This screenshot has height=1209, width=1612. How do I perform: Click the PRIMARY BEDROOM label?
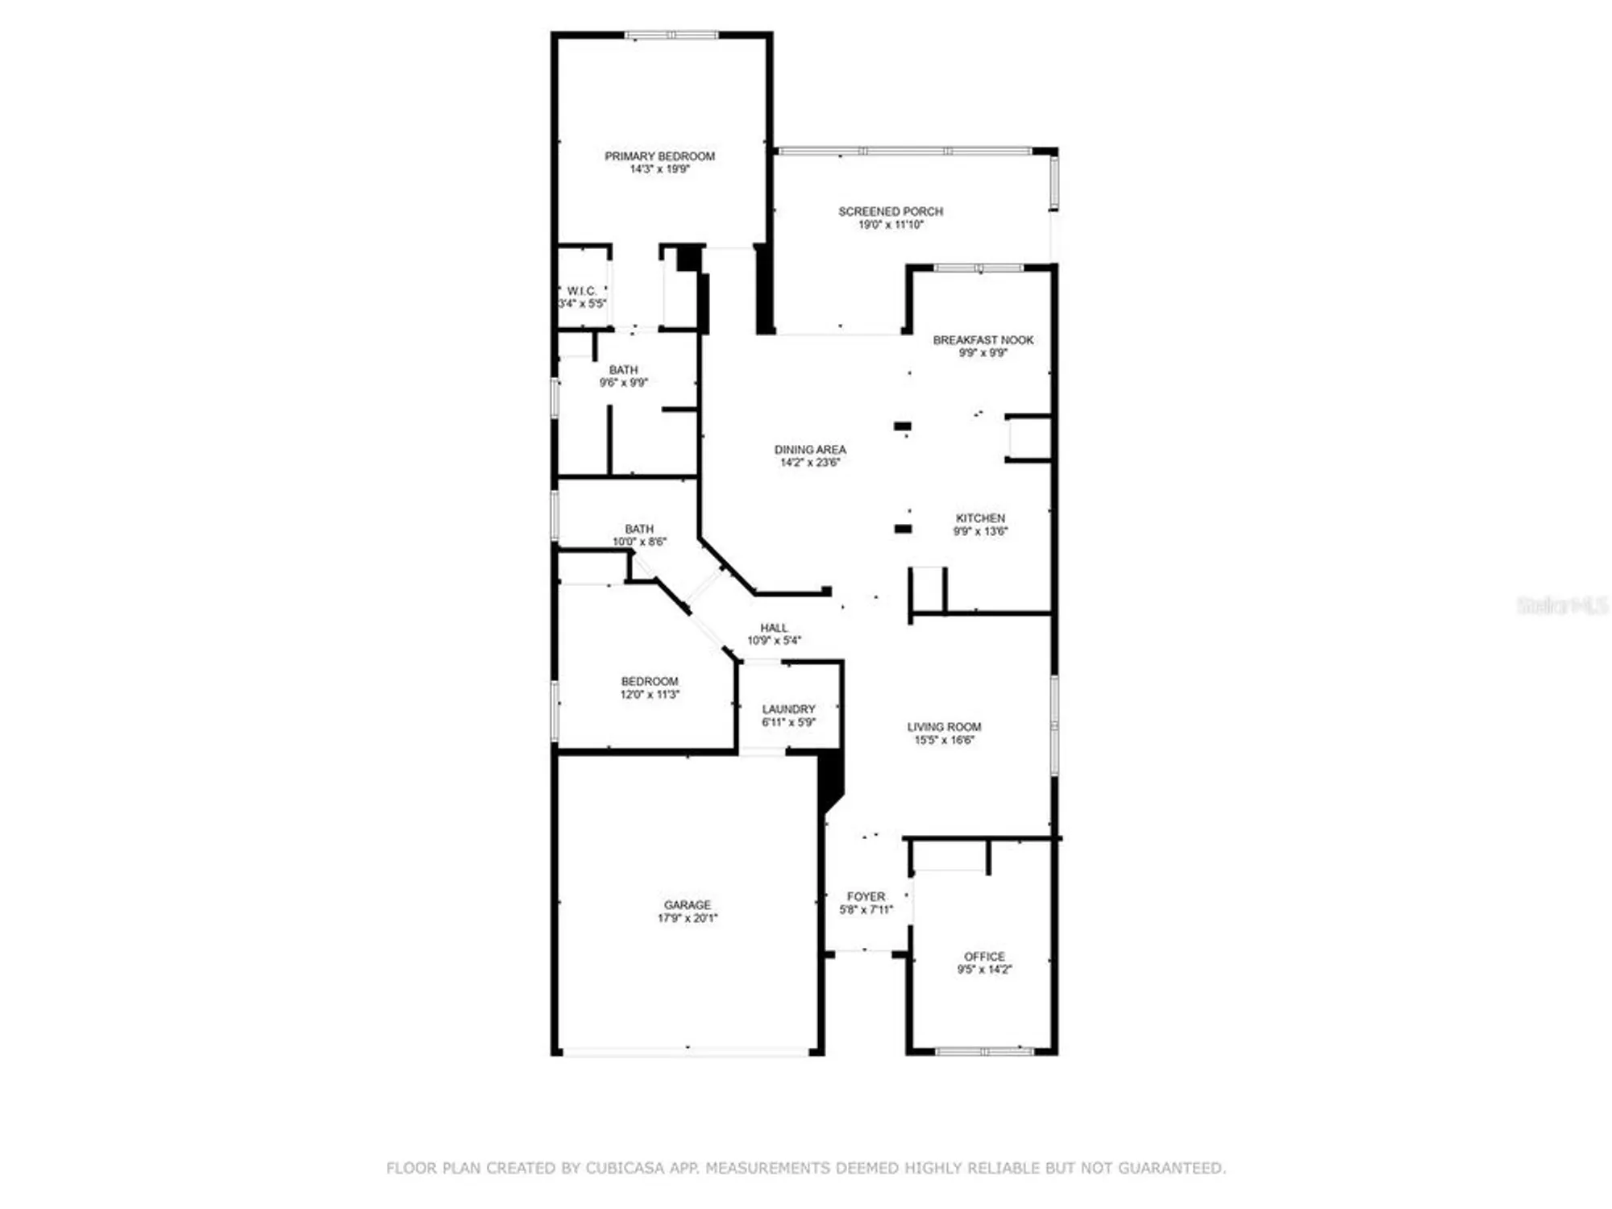click(x=659, y=156)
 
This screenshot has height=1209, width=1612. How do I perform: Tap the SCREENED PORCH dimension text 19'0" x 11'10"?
click(x=891, y=225)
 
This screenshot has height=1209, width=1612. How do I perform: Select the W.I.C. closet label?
click(x=582, y=291)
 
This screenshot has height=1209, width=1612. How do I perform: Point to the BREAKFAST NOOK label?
click(x=983, y=340)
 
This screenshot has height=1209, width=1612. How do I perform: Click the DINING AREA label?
click(x=810, y=450)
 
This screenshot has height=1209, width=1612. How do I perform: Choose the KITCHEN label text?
click(x=980, y=518)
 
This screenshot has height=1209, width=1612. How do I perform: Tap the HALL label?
click(x=774, y=628)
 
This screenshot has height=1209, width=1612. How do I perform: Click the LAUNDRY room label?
click(x=788, y=709)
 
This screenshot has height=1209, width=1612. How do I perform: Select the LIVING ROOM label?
click(x=944, y=727)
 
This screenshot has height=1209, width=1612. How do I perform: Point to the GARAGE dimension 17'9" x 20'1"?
click(x=688, y=918)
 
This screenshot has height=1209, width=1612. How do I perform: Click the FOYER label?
click(x=866, y=896)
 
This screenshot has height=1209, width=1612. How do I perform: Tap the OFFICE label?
click(x=984, y=957)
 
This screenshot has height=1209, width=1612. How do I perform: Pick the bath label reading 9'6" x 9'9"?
click(x=623, y=376)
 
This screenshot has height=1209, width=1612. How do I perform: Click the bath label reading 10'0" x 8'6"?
click(x=639, y=535)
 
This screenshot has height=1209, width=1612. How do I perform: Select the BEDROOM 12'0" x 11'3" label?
click(x=650, y=688)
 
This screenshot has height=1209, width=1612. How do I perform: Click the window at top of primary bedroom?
click(x=671, y=35)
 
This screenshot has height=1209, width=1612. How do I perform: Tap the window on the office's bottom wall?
click(x=984, y=1051)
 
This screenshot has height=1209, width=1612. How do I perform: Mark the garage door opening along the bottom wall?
click(x=686, y=1052)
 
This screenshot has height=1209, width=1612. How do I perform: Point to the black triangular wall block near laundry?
click(x=829, y=779)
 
